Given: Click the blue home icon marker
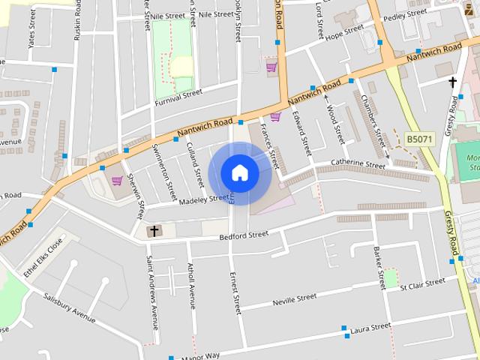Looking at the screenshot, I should coord(240,172).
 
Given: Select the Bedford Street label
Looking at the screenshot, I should coord(243,235).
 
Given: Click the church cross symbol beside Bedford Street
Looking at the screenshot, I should coord(154,231).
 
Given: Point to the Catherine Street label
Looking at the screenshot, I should coord(358,163).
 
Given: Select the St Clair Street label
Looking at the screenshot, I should coord(422,286).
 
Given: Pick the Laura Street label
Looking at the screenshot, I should coord(370,328).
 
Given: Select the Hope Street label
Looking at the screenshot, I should coord(344,31).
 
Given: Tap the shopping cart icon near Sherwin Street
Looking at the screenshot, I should coord(116,181).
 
